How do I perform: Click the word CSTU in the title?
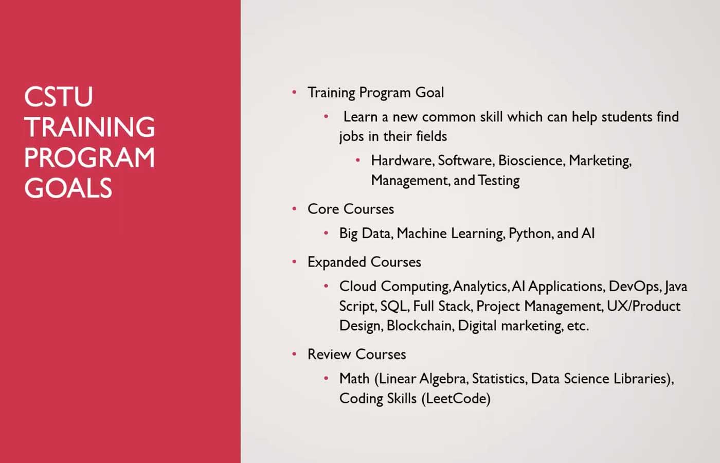59,96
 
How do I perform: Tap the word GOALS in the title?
68,188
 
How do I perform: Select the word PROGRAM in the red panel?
89,157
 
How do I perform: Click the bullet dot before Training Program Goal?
294,93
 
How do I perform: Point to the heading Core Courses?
351,209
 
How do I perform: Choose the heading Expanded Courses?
364,262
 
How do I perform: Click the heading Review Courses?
357,354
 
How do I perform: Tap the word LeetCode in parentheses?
456,399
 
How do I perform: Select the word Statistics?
500,379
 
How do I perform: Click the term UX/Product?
643,306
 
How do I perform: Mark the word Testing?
498,181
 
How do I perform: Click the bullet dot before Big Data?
326,233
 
